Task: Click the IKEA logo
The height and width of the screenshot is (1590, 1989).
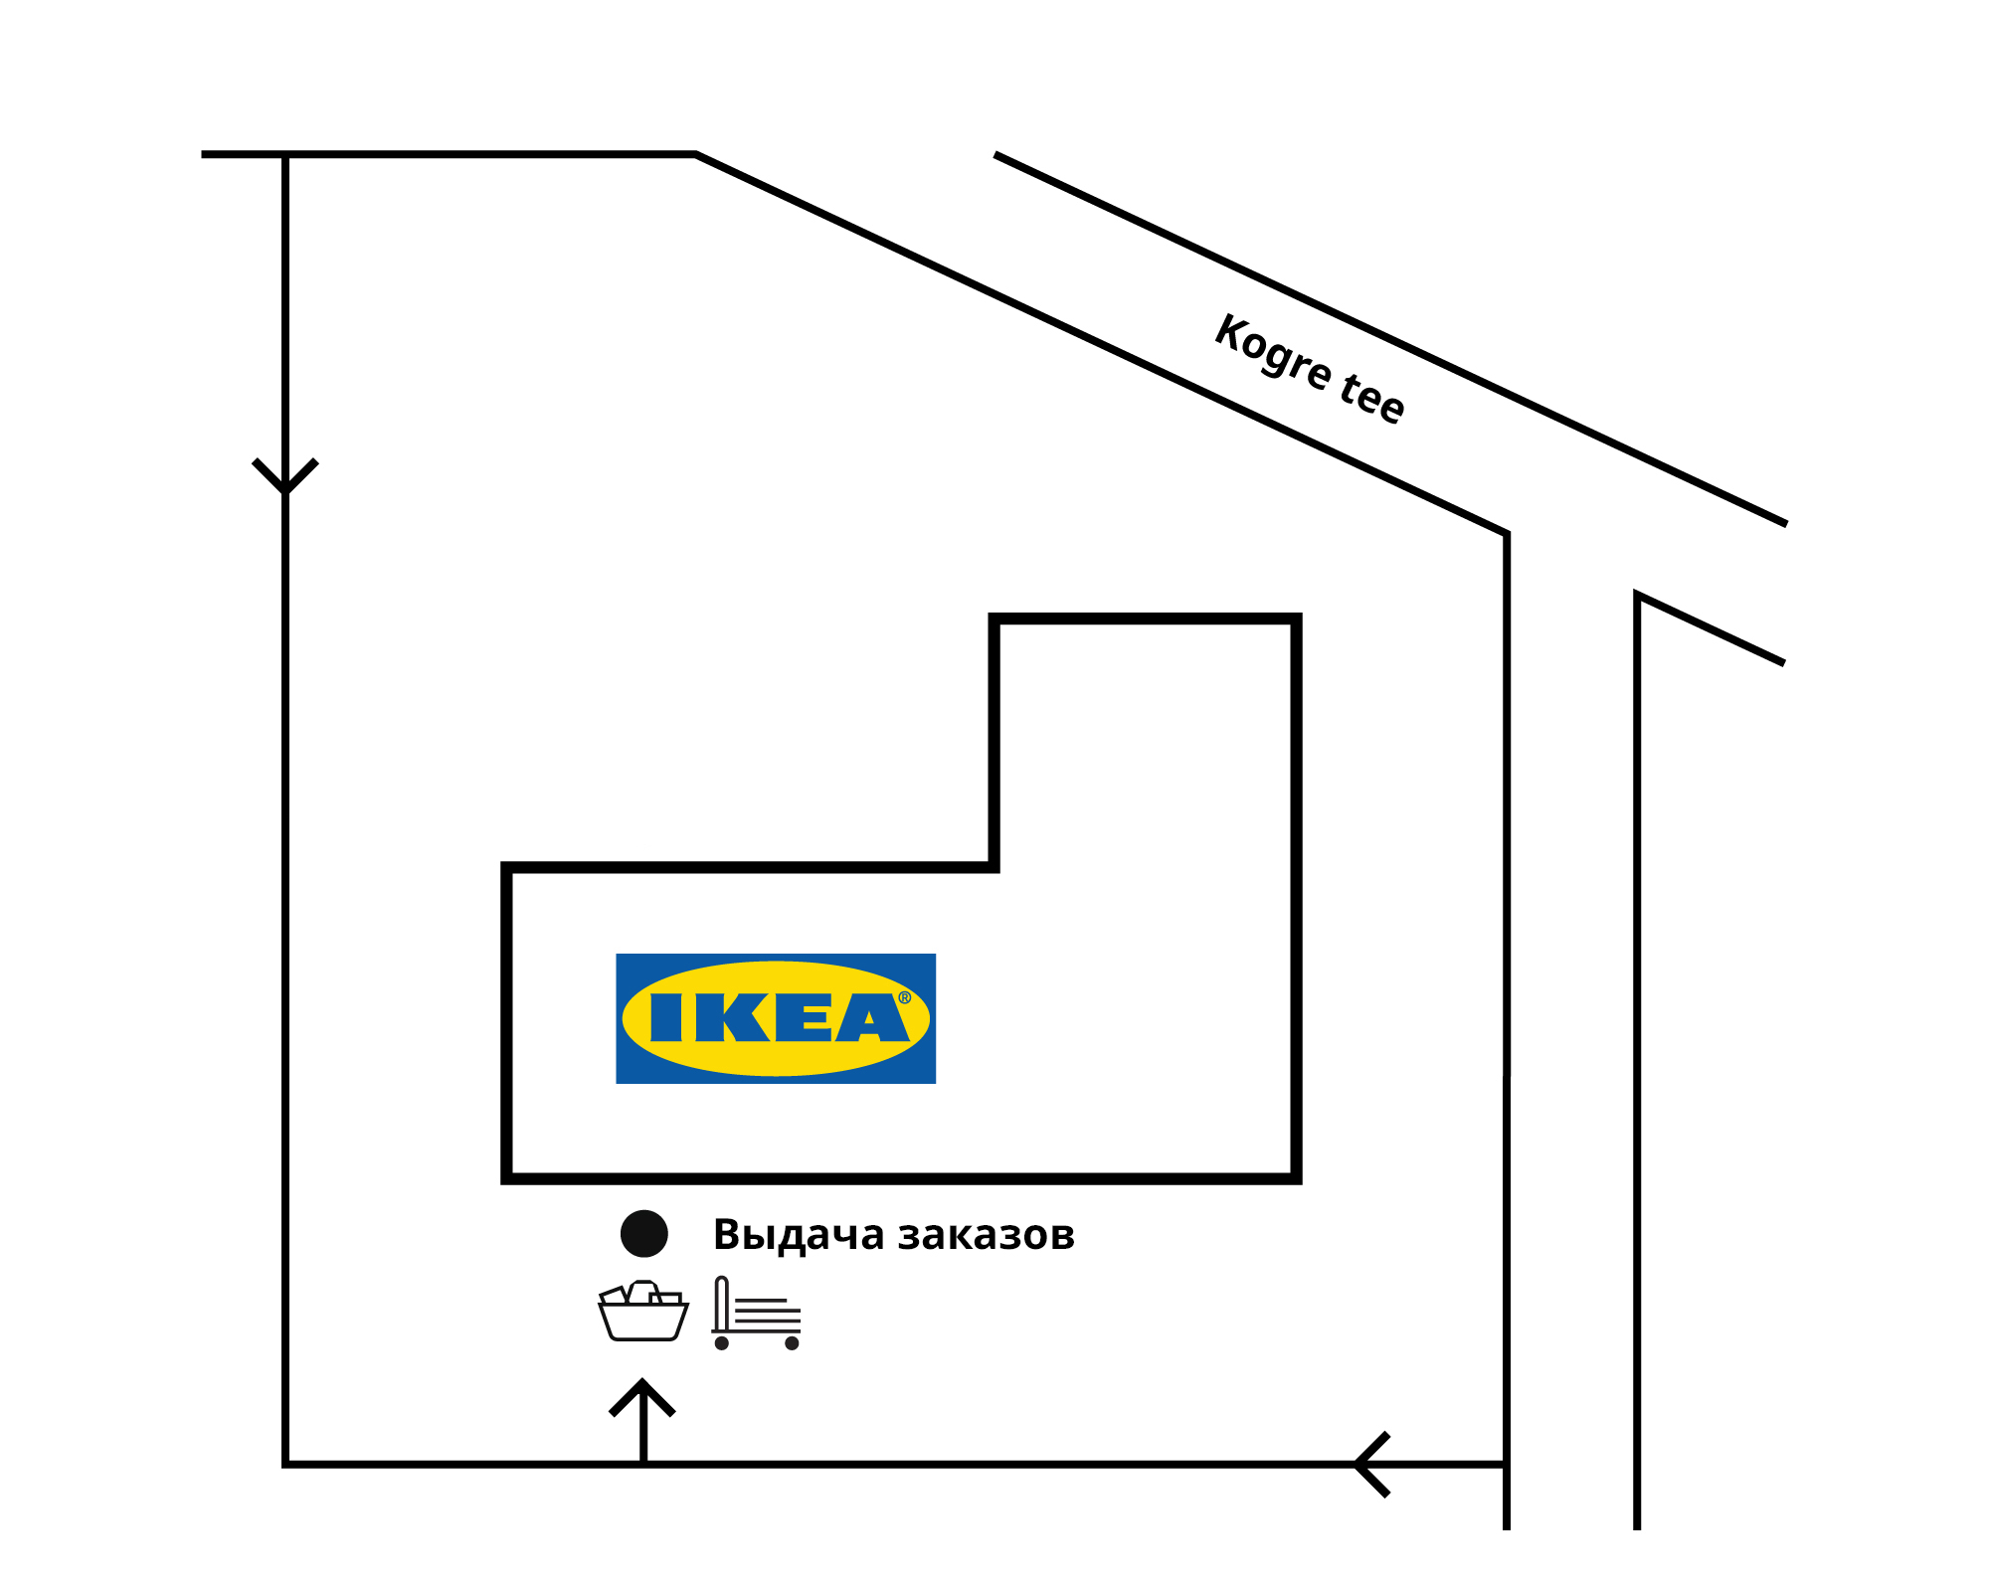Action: pos(776,1018)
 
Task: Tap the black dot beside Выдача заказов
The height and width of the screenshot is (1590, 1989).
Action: pos(644,1234)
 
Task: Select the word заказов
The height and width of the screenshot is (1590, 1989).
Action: pos(987,1236)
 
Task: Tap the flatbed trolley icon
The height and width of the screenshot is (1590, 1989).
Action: pos(757,1313)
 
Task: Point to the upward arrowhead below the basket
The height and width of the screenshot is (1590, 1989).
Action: pos(642,1397)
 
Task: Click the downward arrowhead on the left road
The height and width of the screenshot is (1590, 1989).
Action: pos(285,476)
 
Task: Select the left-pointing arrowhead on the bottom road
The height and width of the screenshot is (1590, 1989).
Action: pos(1372,1465)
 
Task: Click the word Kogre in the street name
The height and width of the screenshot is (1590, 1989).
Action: pos(1273,351)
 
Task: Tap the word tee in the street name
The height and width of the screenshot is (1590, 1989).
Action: pos(1372,398)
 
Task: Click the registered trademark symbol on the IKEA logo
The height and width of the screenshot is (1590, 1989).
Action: pos(905,997)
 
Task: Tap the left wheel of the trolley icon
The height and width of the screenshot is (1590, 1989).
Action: pos(722,1343)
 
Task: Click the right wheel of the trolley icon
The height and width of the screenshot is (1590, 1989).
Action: pos(792,1343)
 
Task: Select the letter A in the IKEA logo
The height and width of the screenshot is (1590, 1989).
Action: pos(872,1018)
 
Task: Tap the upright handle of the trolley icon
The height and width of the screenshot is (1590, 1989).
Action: pos(722,1304)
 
